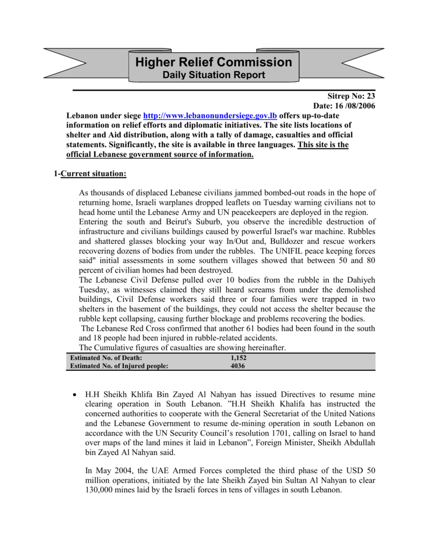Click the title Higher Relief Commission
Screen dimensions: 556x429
point(214,62)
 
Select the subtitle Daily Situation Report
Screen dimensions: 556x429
point(214,75)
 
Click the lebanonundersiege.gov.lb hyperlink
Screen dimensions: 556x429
point(210,116)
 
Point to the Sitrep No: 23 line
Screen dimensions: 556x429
point(352,96)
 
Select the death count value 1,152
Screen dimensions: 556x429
point(238,358)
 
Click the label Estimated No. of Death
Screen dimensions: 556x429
point(107,358)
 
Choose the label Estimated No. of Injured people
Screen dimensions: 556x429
point(119,366)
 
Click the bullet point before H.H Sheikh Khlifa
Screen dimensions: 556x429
point(74,395)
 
